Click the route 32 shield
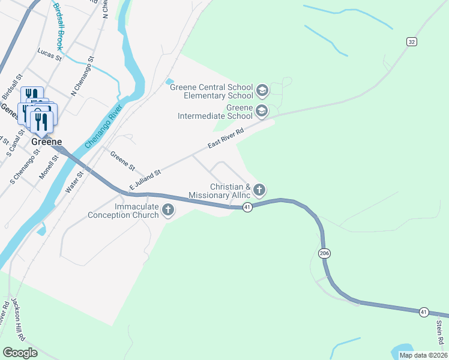[x=411, y=41]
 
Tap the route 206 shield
[x=325, y=254]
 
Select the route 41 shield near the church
[x=247, y=207]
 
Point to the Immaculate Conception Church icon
[x=169, y=211]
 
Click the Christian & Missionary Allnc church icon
[x=259, y=191]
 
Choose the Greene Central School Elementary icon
[x=262, y=91]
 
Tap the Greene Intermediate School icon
[x=262, y=111]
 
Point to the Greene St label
[x=122, y=160]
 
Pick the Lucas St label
[x=50, y=56]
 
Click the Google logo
[x=20, y=352]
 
